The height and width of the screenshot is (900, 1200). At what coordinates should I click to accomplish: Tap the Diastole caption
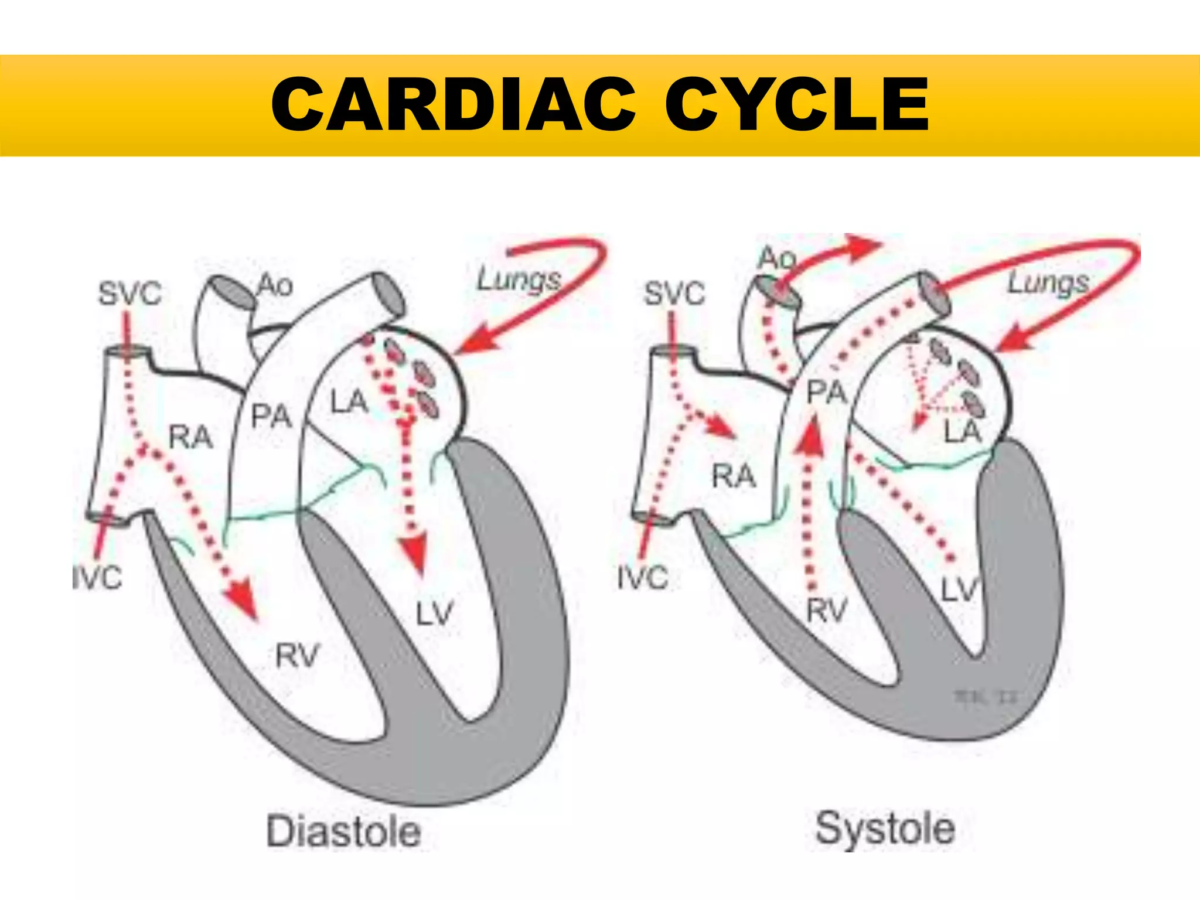(x=344, y=831)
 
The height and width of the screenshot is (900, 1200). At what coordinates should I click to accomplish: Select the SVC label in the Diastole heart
(x=129, y=294)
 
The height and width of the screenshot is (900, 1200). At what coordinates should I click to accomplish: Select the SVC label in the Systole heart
(x=674, y=294)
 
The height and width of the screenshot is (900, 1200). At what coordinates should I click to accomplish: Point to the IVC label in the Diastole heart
(x=97, y=578)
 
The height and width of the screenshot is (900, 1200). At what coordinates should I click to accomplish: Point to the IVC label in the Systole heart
(x=643, y=578)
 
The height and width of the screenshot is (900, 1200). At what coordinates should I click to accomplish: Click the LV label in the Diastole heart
(x=435, y=614)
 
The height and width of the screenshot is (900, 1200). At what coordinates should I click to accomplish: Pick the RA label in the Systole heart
(x=734, y=476)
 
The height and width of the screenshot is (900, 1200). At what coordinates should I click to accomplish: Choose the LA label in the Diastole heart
(x=349, y=403)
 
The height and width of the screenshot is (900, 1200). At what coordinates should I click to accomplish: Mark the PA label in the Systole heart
(x=827, y=392)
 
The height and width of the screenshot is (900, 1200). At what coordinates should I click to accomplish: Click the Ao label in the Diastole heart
(x=275, y=285)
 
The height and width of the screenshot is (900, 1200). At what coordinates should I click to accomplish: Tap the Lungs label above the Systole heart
(x=1048, y=283)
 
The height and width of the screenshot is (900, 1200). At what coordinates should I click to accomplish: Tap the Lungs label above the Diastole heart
(x=519, y=279)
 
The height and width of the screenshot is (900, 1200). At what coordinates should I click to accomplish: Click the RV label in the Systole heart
(x=827, y=611)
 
